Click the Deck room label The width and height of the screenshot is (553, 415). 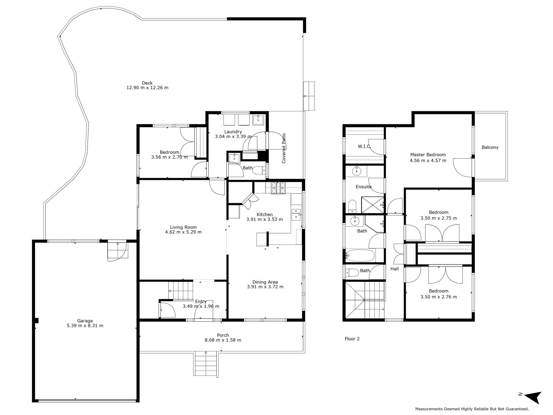[x=147, y=83]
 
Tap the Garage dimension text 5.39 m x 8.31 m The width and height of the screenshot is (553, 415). [x=85, y=326]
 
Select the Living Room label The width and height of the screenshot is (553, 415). [x=183, y=227]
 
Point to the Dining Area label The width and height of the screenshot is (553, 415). [x=265, y=282]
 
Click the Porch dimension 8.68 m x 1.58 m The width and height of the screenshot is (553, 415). [x=223, y=340]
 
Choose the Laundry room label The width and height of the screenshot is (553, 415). [x=233, y=132]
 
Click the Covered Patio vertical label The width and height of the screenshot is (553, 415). [x=284, y=148]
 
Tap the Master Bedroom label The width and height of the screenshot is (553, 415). [x=428, y=155]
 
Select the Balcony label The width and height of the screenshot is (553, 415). [x=490, y=147]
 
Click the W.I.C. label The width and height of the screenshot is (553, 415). [x=364, y=146]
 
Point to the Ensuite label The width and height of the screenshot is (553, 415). [x=363, y=187]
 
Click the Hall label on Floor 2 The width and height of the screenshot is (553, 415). [x=395, y=269]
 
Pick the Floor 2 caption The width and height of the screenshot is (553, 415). [x=352, y=339]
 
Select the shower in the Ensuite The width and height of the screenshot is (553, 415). [x=373, y=205]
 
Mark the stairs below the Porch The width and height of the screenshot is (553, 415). [x=206, y=363]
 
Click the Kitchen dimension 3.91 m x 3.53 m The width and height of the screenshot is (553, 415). [x=264, y=219]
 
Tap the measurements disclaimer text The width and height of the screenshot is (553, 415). [x=472, y=409]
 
